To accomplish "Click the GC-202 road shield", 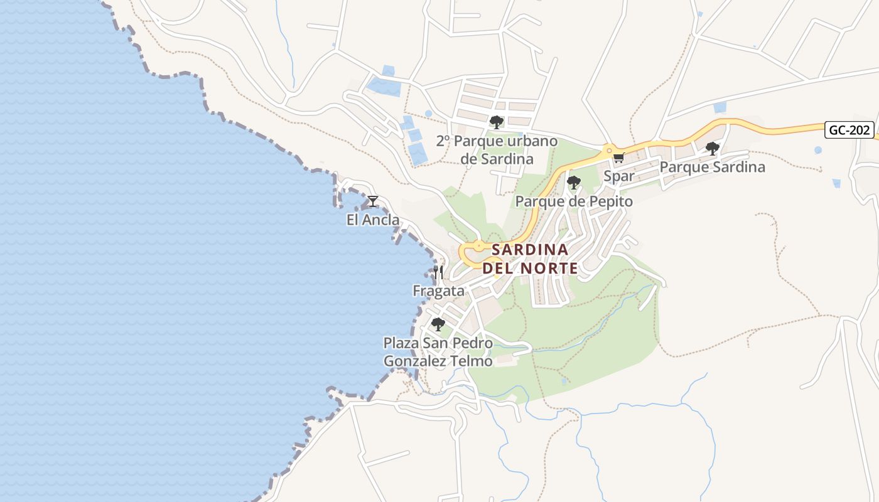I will tap(850, 130).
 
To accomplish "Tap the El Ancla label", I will tap(373, 220).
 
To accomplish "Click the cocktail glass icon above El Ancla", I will tap(373, 201).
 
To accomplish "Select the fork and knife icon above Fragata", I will tap(438, 272).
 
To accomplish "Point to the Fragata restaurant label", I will tap(438, 291).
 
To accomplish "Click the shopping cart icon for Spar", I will tap(618, 158).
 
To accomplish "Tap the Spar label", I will tap(618, 176).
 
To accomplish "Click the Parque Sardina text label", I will tap(712, 167).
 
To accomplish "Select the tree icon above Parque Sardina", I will tap(712, 149).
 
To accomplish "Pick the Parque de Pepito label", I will tap(574, 201).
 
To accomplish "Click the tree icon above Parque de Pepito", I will tap(573, 183).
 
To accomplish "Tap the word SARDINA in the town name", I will tap(530, 250).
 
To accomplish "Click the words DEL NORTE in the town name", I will tap(530, 268).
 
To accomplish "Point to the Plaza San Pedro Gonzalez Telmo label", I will tap(438, 352).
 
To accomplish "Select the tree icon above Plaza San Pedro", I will tap(438, 324).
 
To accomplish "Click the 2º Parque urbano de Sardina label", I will tap(497, 149).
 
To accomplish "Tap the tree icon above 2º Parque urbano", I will tap(497, 122).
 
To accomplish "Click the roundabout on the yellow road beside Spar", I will tap(608, 151).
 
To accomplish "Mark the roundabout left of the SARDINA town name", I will tap(479, 247).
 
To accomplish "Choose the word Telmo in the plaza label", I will tap(470, 361).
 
